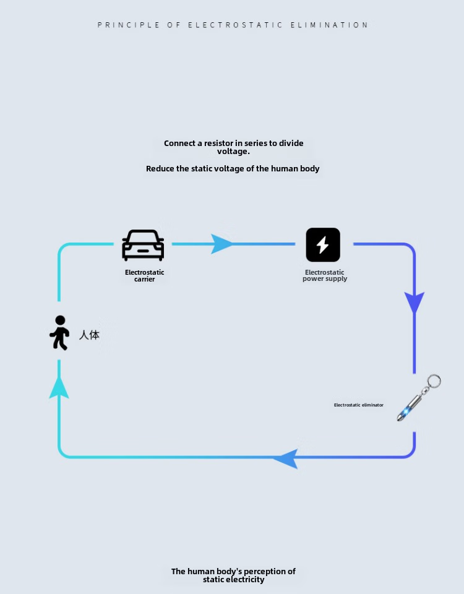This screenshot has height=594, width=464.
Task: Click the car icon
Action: pos(143,245)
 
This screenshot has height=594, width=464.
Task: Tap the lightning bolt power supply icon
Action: pos(323,244)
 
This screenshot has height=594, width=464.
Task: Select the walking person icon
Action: pos(59,333)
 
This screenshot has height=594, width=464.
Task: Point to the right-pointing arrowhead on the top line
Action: pos(221,244)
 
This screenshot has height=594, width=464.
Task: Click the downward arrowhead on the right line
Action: pos(414,303)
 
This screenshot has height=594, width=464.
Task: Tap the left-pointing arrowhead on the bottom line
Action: pos(286,458)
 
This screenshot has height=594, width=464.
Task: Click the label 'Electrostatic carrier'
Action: pos(144,275)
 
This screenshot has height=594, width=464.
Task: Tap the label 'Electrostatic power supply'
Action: pos(325,275)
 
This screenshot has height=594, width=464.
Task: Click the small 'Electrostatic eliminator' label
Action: pos(358,405)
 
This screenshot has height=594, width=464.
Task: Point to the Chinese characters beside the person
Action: pos(89,335)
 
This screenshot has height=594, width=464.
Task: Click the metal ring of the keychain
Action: pos(434,381)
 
